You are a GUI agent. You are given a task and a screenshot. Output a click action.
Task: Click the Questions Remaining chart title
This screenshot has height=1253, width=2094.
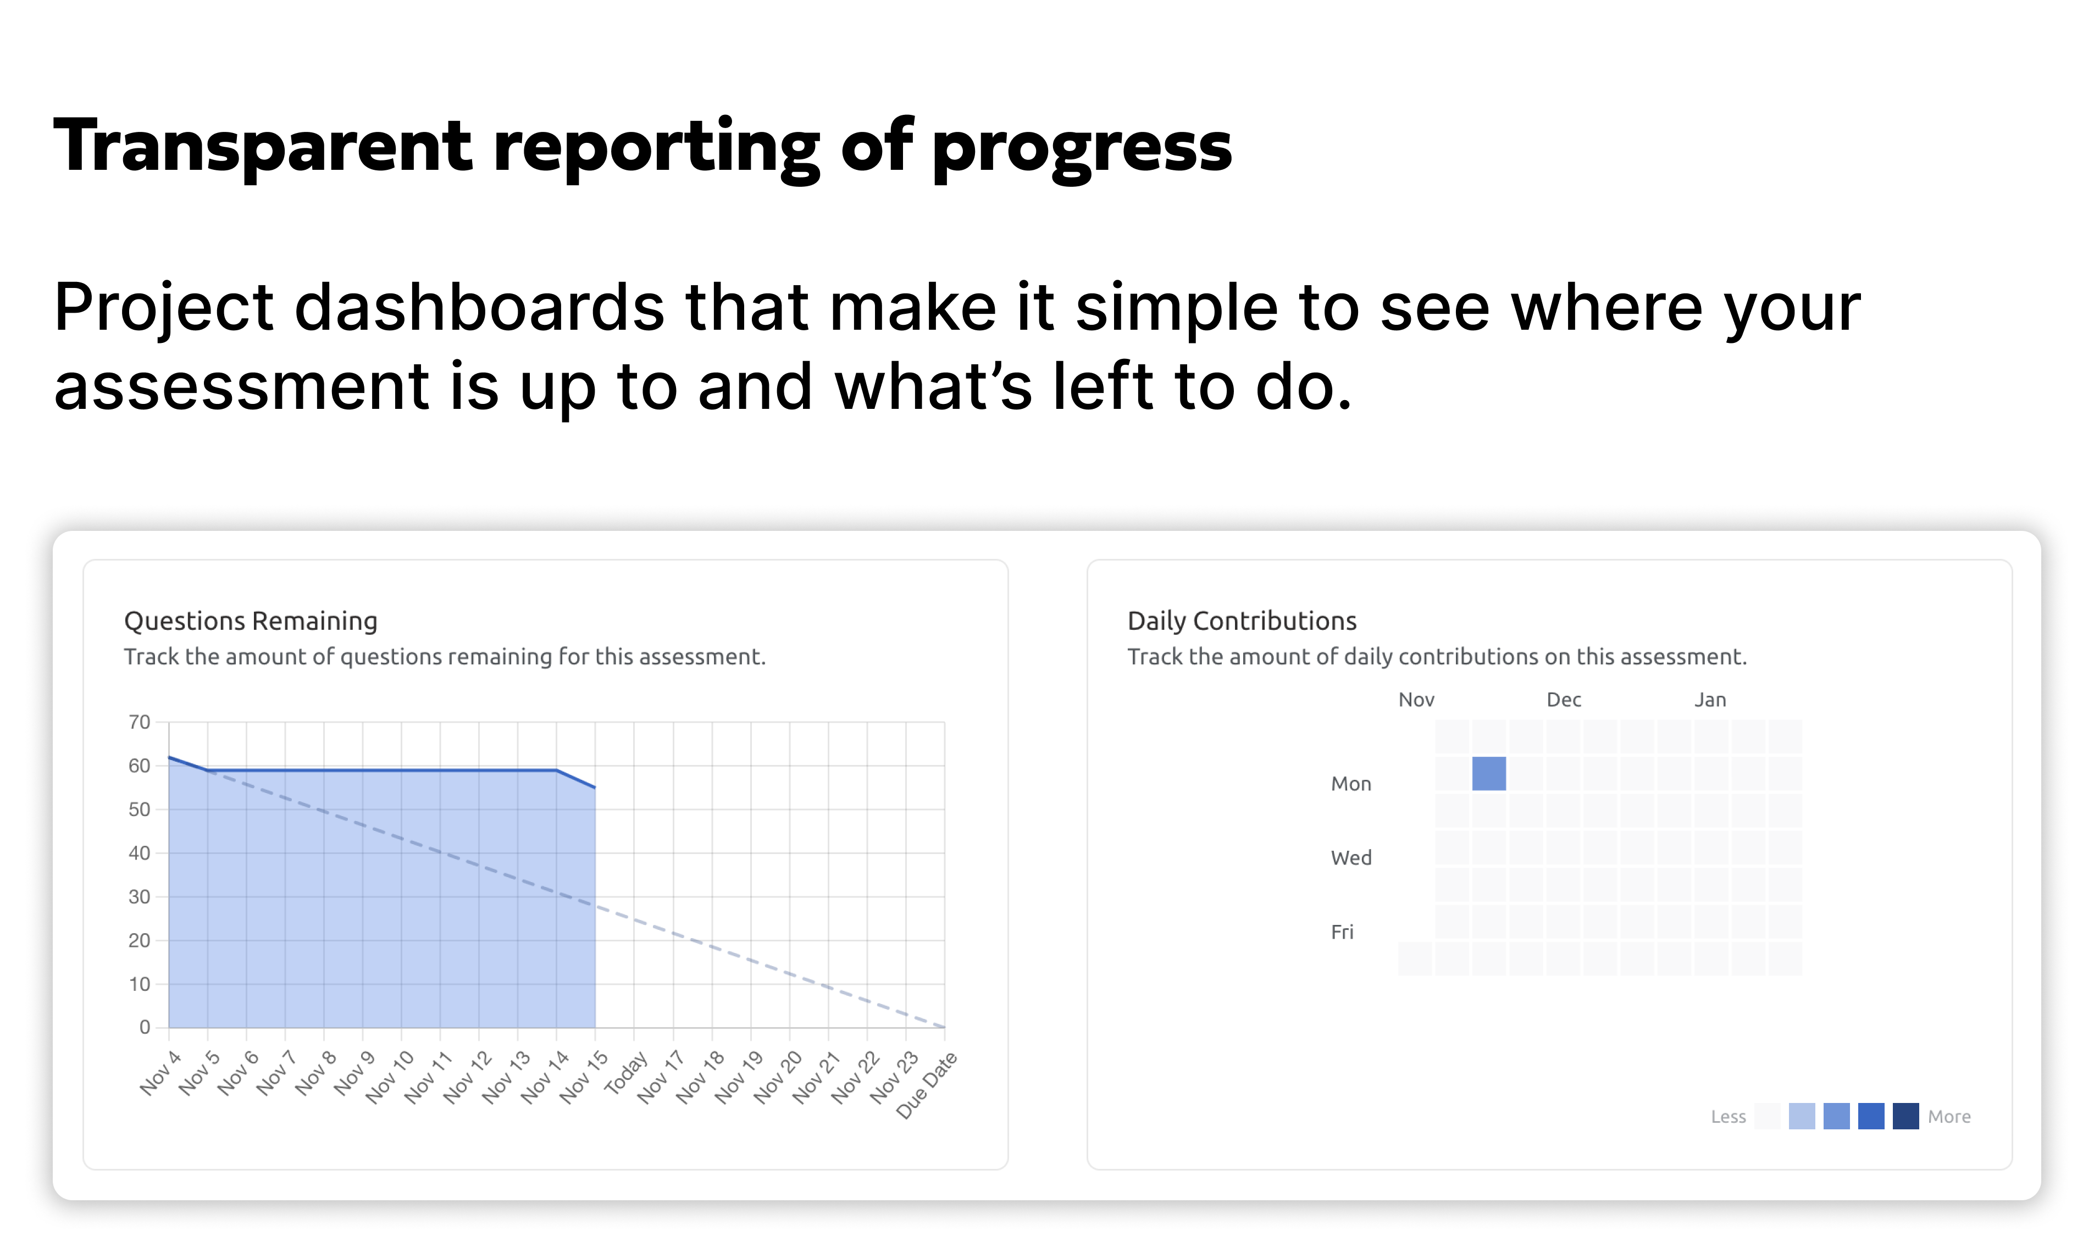251,622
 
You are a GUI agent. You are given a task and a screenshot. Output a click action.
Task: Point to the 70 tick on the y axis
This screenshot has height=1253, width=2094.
139,722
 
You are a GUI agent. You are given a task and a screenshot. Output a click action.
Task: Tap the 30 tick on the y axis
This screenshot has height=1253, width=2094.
139,897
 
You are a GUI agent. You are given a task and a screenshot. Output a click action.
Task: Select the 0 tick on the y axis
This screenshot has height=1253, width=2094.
145,1028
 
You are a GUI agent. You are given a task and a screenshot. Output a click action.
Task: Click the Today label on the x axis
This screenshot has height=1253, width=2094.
625,1072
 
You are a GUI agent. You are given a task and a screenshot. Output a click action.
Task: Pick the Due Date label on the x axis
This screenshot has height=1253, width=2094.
926,1085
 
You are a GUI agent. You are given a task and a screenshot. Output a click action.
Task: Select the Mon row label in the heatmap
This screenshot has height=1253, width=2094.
1350,784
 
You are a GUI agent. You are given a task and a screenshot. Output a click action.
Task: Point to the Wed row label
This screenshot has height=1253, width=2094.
1350,858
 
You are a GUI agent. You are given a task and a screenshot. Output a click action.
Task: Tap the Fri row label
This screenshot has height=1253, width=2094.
1342,932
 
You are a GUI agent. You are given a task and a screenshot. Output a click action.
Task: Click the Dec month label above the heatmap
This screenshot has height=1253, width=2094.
1563,700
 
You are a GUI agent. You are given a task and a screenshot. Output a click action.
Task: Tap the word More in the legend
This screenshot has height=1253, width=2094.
1949,1117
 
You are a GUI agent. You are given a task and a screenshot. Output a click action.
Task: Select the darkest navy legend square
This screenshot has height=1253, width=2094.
1905,1116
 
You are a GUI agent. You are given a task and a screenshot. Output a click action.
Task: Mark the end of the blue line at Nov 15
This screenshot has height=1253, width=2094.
595,788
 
